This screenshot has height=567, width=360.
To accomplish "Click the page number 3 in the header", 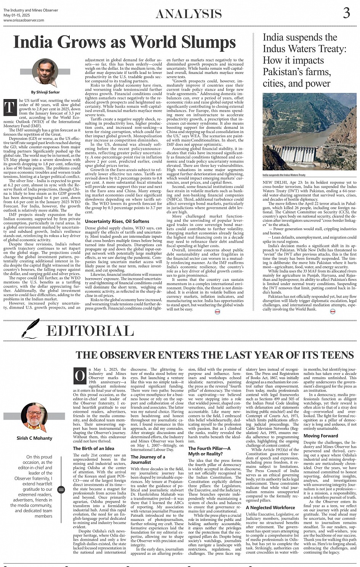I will tap(346, 13).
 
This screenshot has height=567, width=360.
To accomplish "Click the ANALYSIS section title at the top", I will tap(189, 14).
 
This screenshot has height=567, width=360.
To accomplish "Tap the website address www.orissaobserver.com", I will tap(24, 20).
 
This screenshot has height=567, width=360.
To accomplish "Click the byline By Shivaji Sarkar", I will tap(45, 92).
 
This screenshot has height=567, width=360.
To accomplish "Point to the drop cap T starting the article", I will tap(10, 108).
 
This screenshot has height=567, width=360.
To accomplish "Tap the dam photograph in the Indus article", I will tap(309, 131).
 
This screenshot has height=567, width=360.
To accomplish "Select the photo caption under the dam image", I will tap(284, 175).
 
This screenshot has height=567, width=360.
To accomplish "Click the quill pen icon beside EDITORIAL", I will tap(31, 328).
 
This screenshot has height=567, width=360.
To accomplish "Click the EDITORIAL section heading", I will tap(90, 330).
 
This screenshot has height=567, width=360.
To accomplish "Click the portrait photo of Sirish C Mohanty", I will tap(34, 417).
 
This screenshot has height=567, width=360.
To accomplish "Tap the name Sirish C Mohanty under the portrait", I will tap(34, 438).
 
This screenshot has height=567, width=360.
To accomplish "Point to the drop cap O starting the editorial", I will tap(80, 376).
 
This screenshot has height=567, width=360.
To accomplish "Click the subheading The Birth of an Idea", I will tap(93, 448).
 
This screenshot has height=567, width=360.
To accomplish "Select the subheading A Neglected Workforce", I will tap(270, 508).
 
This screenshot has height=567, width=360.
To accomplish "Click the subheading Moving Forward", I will tap(321, 436).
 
